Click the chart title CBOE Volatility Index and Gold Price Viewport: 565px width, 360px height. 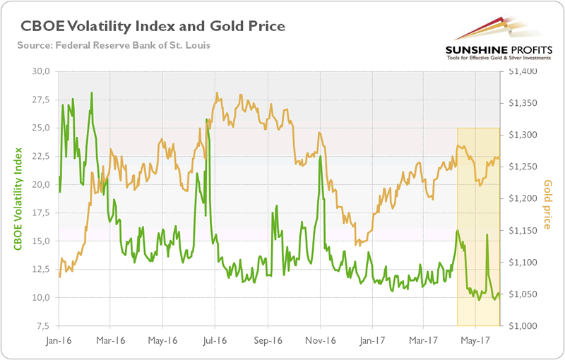153,26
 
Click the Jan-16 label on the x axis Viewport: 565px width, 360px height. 59,340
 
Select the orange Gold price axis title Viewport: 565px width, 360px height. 548,205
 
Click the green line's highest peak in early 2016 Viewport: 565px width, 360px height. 92,93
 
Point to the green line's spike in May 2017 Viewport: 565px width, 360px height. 487,234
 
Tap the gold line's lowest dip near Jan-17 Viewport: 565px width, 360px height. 358,246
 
